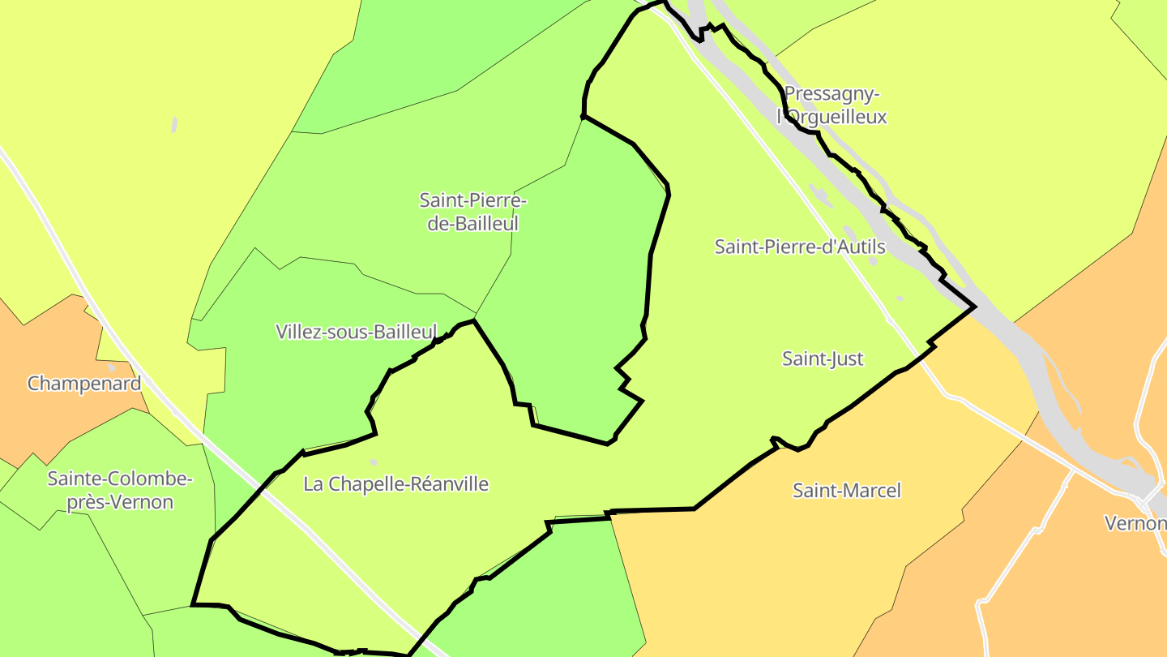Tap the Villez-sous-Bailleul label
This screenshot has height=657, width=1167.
click(356, 332)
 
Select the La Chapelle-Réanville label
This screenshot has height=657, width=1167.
click(395, 484)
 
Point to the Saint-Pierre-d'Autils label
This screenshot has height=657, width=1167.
click(799, 247)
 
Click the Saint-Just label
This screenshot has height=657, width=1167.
click(823, 359)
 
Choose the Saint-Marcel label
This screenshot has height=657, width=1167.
click(846, 491)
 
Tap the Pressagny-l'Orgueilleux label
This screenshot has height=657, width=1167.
click(831, 105)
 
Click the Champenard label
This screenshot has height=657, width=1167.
click(84, 384)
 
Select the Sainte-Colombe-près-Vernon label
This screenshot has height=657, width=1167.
click(120, 491)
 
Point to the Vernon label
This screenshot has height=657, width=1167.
click(1135, 523)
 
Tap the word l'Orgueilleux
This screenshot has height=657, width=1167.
click(831, 117)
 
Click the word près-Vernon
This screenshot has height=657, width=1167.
click(120, 502)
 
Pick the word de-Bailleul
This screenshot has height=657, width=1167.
click(472, 223)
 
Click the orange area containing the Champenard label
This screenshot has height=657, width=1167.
click(49, 414)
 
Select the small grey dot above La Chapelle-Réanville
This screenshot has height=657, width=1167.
click(374, 462)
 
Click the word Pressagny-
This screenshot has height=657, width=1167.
click(831, 94)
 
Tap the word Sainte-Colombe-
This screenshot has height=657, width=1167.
click(120, 479)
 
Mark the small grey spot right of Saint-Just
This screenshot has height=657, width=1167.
click(900, 298)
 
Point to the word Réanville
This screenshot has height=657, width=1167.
click(449, 484)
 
